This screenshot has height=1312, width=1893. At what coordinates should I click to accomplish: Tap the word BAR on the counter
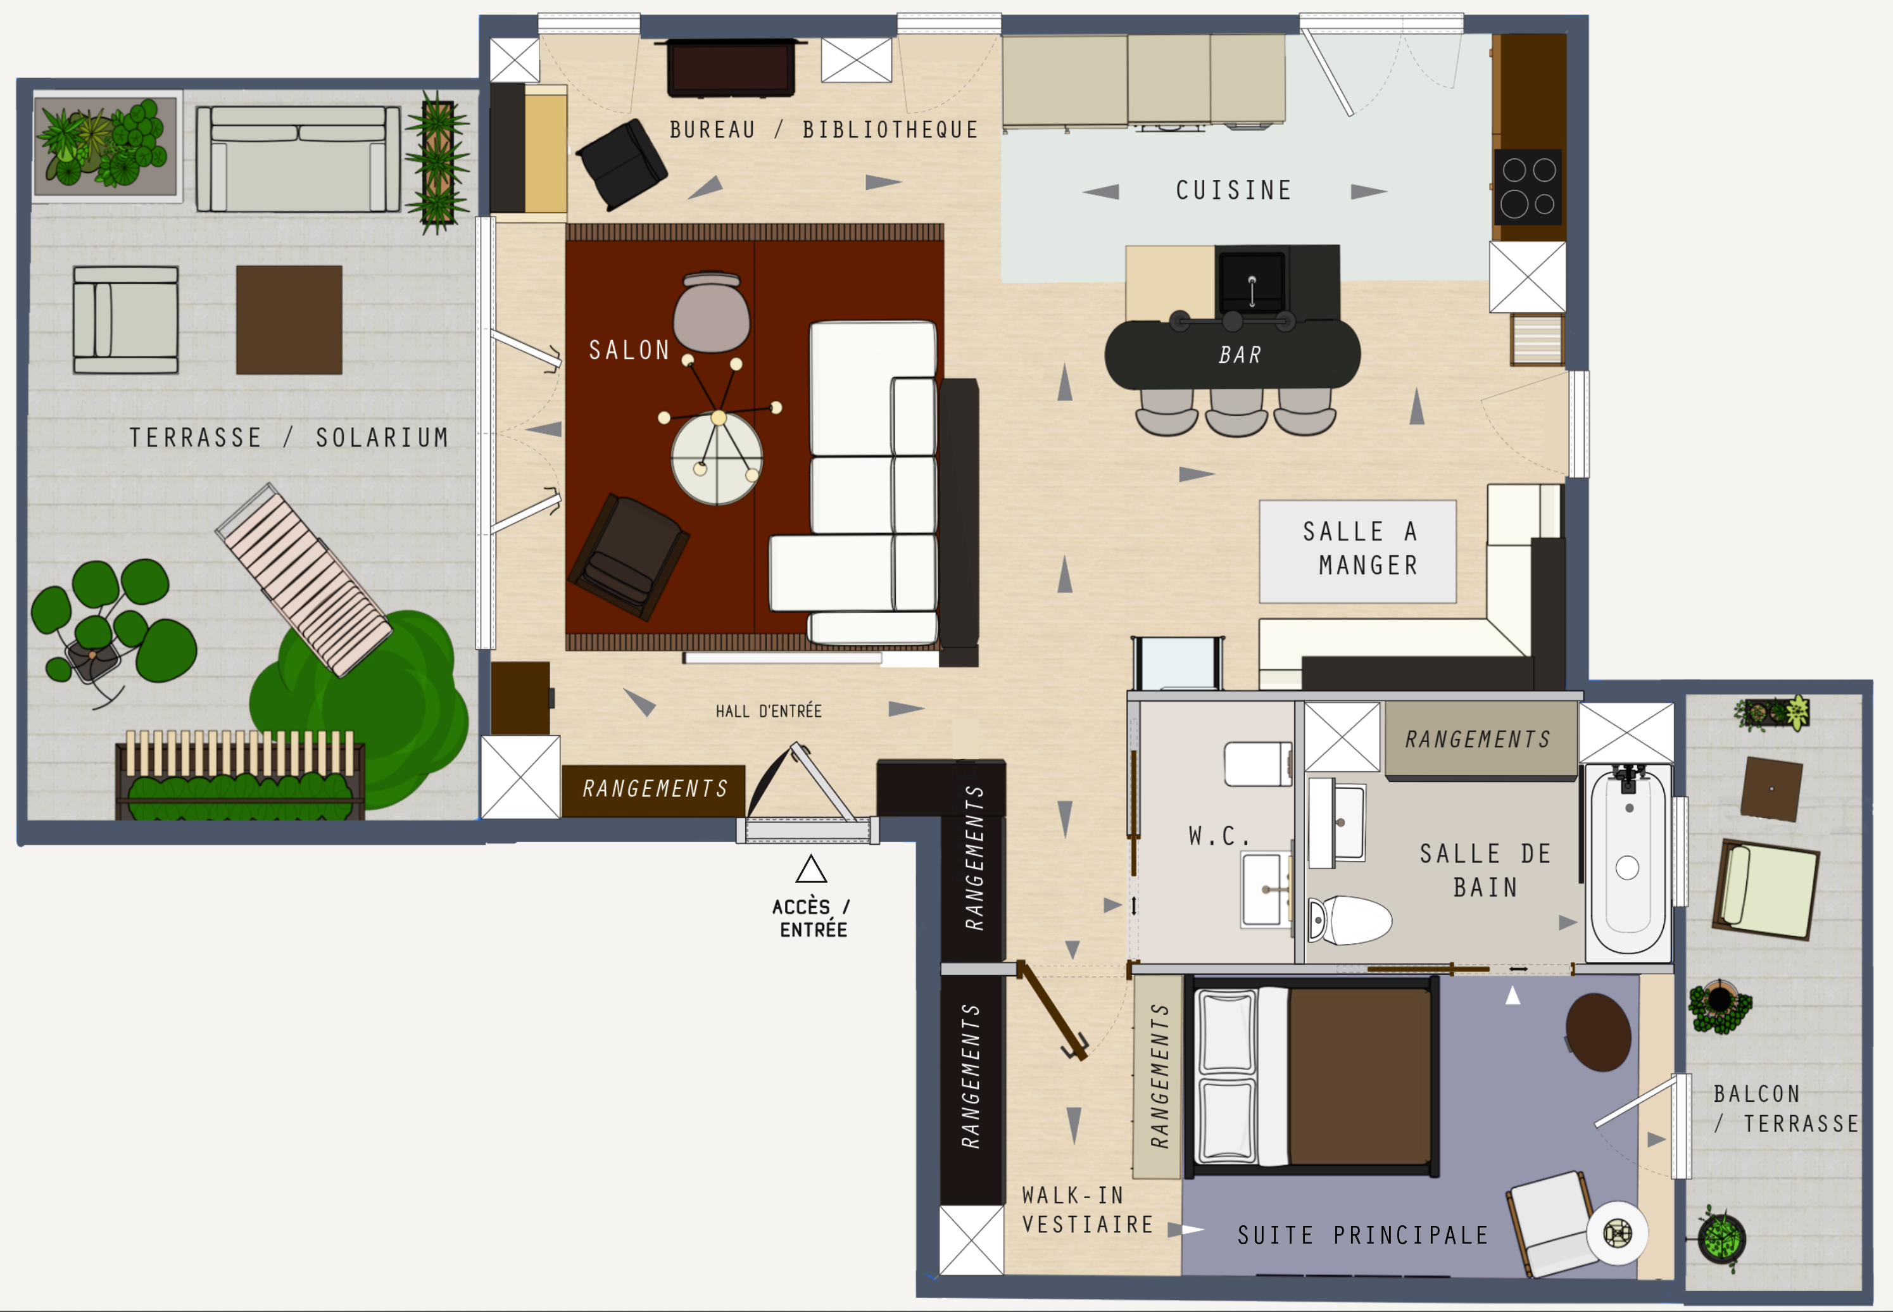pos(1240,355)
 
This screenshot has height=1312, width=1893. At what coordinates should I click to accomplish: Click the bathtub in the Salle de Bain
pos(1628,863)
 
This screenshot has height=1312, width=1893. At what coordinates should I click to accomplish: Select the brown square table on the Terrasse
pos(289,320)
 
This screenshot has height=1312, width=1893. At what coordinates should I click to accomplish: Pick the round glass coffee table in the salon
pos(717,458)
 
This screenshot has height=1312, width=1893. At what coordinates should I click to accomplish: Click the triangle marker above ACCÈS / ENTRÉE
pos(810,869)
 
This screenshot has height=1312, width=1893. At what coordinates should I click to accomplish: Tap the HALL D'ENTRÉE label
pos(769,711)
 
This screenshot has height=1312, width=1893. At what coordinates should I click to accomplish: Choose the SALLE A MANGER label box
pos(1358,552)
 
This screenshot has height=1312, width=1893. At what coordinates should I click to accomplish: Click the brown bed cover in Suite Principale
pos(1361,1077)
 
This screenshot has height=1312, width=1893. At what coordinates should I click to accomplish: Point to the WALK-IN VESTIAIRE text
pos(1088,1210)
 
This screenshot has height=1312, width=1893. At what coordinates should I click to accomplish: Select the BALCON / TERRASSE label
pos(1786,1109)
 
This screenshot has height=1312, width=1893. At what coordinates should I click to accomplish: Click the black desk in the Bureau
pos(731,67)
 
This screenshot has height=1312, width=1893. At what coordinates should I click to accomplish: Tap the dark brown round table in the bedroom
pos(1598,1033)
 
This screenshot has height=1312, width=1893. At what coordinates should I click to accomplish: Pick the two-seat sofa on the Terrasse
pos(298,159)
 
